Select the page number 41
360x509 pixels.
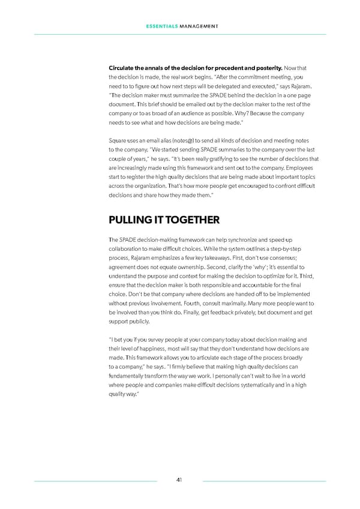tap(179, 480)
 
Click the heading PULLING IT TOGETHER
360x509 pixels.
tap(161, 220)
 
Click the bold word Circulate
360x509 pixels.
tap(122, 67)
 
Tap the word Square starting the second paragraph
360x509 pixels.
tap(118, 140)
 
